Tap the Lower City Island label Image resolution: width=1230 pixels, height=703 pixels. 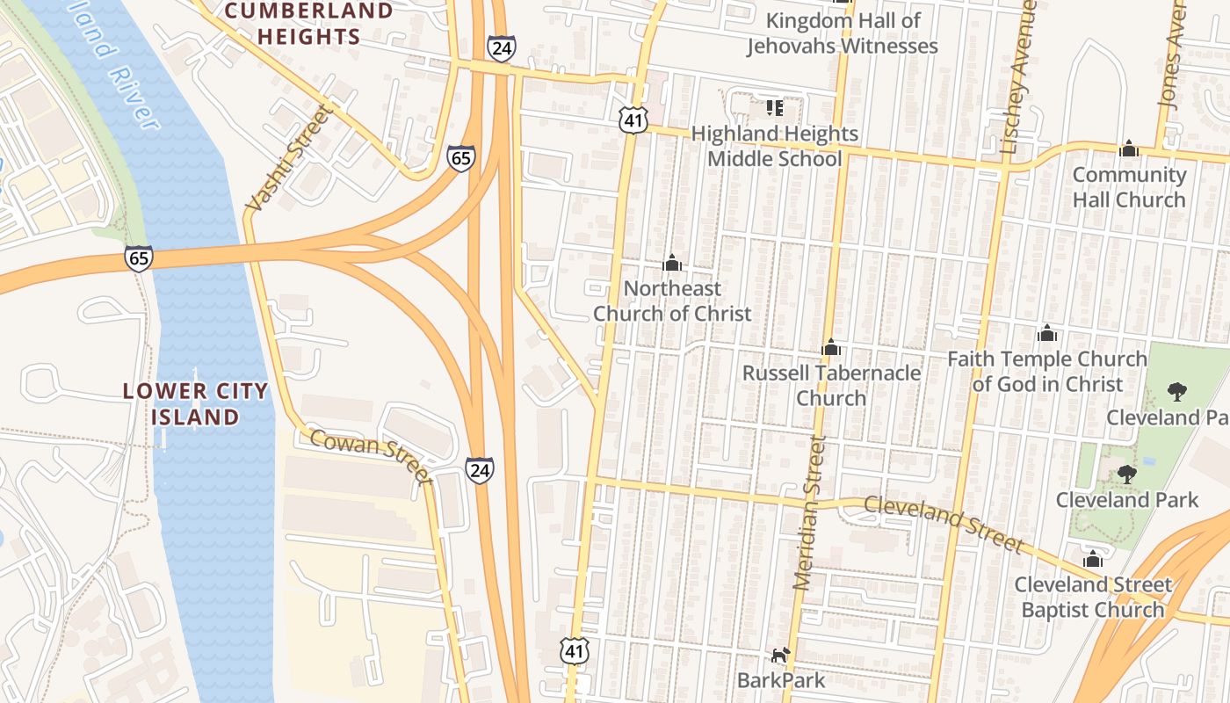coord(195,404)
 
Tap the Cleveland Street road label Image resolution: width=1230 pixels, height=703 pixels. coord(944,525)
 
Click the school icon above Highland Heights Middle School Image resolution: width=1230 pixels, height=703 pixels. coord(774,108)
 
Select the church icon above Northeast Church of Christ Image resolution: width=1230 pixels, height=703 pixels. coord(672,263)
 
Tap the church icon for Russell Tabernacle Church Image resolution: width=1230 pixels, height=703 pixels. coord(830,347)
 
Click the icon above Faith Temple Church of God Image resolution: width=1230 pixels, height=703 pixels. coord(1046,333)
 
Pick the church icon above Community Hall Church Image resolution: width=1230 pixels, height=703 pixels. coord(1129,149)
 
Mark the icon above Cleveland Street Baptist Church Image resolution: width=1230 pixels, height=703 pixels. coord(1093,559)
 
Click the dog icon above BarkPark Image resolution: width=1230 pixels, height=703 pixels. coord(780,655)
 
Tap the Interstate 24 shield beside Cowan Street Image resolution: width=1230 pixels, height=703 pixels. coord(480,469)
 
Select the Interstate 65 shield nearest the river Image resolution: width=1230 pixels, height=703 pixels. coord(139,258)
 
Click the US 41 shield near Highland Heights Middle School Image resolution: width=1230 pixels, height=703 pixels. coord(633,120)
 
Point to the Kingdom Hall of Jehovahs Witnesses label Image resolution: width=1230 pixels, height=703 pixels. coord(843,33)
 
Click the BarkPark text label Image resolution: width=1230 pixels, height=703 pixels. coord(781,680)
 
